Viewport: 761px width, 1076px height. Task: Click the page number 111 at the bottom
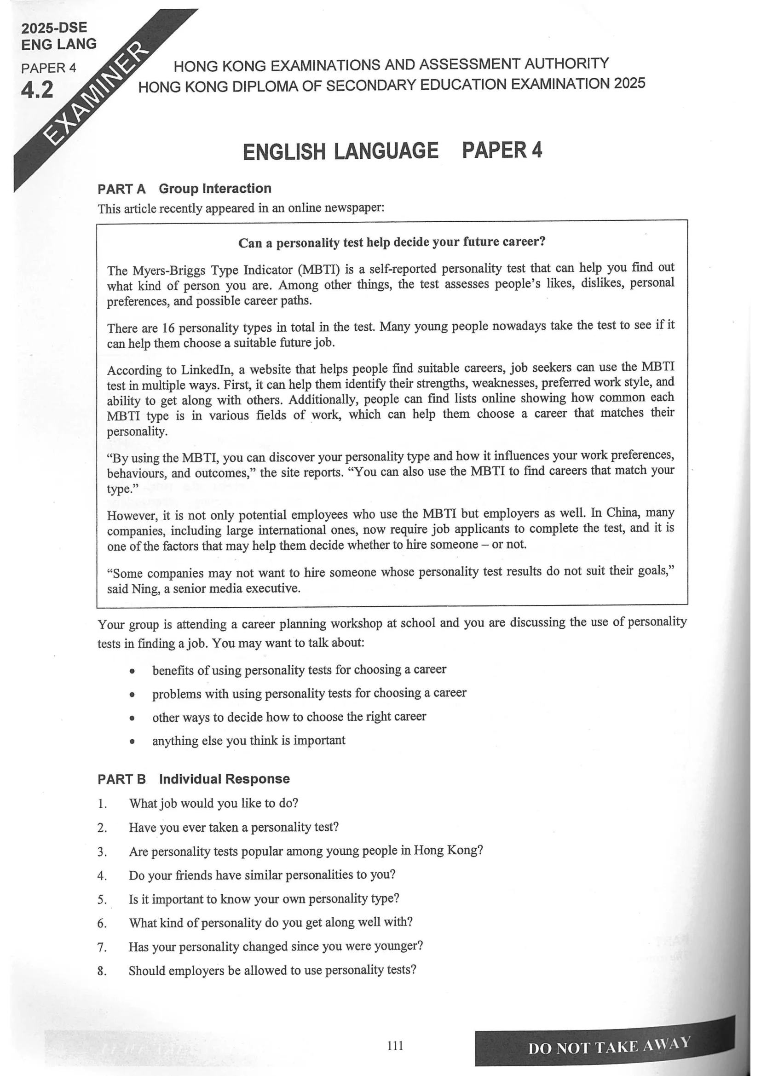(395, 1046)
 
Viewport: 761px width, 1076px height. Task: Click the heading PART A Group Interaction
(184, 189)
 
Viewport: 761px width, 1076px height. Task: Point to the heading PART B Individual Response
(193, 779)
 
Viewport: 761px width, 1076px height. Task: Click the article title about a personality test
(392, 242)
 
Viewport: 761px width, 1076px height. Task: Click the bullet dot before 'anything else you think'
(133, 742)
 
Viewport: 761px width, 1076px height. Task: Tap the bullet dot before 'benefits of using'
(133, 672)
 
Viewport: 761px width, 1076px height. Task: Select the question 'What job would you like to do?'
(213, 803)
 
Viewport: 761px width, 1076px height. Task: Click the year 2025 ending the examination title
(629, 83)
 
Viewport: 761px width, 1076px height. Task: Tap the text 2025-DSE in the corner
(54, 28)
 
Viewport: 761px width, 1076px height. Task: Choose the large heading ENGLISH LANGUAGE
(340, 151)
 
